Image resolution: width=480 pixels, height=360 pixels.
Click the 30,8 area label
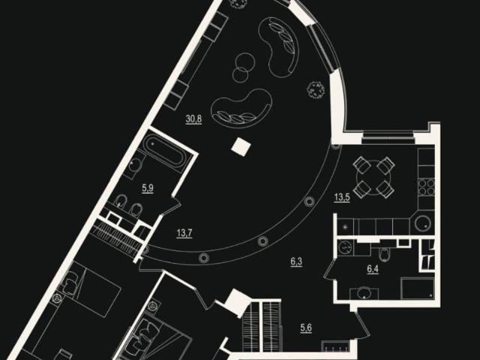(x=193, y=118)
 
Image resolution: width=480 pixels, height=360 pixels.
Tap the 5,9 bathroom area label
(x=148, y=188)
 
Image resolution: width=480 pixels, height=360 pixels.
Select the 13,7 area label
(x=184, y=233)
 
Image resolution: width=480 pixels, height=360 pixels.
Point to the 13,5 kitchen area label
(x=342, y=197)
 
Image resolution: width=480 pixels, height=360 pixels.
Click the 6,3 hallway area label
(x=296, y=262)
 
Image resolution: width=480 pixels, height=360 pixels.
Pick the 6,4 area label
(x=373, y=269)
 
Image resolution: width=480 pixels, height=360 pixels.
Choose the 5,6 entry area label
(x=306, y=328)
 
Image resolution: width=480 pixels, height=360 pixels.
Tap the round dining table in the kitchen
(x=373, y=177)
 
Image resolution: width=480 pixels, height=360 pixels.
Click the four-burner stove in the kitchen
(x=427, y=187)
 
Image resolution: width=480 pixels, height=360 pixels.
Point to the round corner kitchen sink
(x=423, y=223)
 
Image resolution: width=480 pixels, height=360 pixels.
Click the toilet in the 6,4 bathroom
(x=383, y=252)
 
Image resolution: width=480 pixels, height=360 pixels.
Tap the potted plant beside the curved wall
(x=316, y=90)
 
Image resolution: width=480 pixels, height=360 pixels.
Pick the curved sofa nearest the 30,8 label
(x=241, y=107)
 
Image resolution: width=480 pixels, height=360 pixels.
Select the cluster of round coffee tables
(x=243, y=67)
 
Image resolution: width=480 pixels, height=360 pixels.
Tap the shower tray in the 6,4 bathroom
(x=418, y=288)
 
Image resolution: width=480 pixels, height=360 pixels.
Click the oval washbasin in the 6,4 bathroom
(x=364, y=292)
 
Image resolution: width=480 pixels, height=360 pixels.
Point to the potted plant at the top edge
(x=238, y=3)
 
